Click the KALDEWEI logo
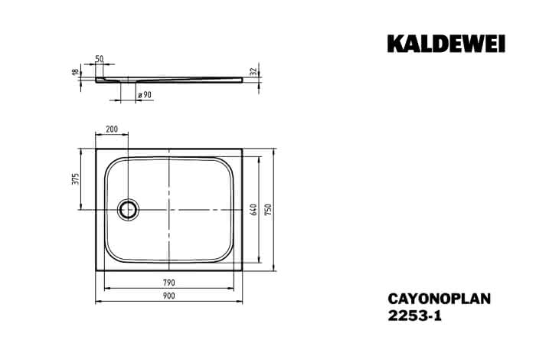[x=446, y=44]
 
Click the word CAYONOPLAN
[x=440, y=299]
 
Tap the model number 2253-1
[x=415, y=316]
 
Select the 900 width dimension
[x=169, y=296]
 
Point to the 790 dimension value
[x=169, y=283]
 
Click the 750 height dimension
[x=268, y=209]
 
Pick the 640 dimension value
[x=253, y=209]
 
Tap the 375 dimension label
[x=75, y=178]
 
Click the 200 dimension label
[x=112, y=129]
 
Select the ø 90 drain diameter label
[x=145, y=95]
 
